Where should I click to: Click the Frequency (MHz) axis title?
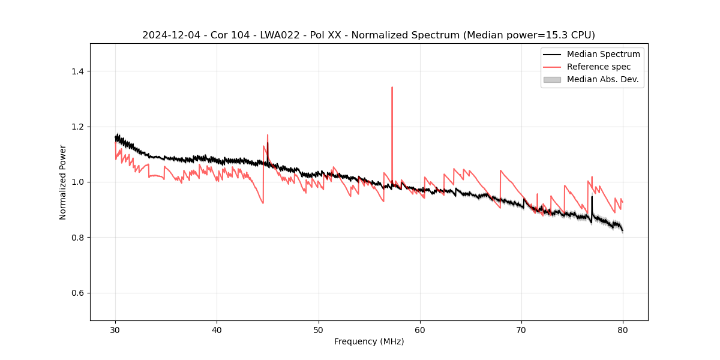click(x=369, y=341)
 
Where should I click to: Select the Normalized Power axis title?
click(x=63, y=182)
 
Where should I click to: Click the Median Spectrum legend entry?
click(x=603, y=54)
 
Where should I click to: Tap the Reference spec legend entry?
click(x=599, y=67)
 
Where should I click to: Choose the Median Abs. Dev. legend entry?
click(x=602, y=79)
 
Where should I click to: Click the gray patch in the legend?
click(x=552, y=79)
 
